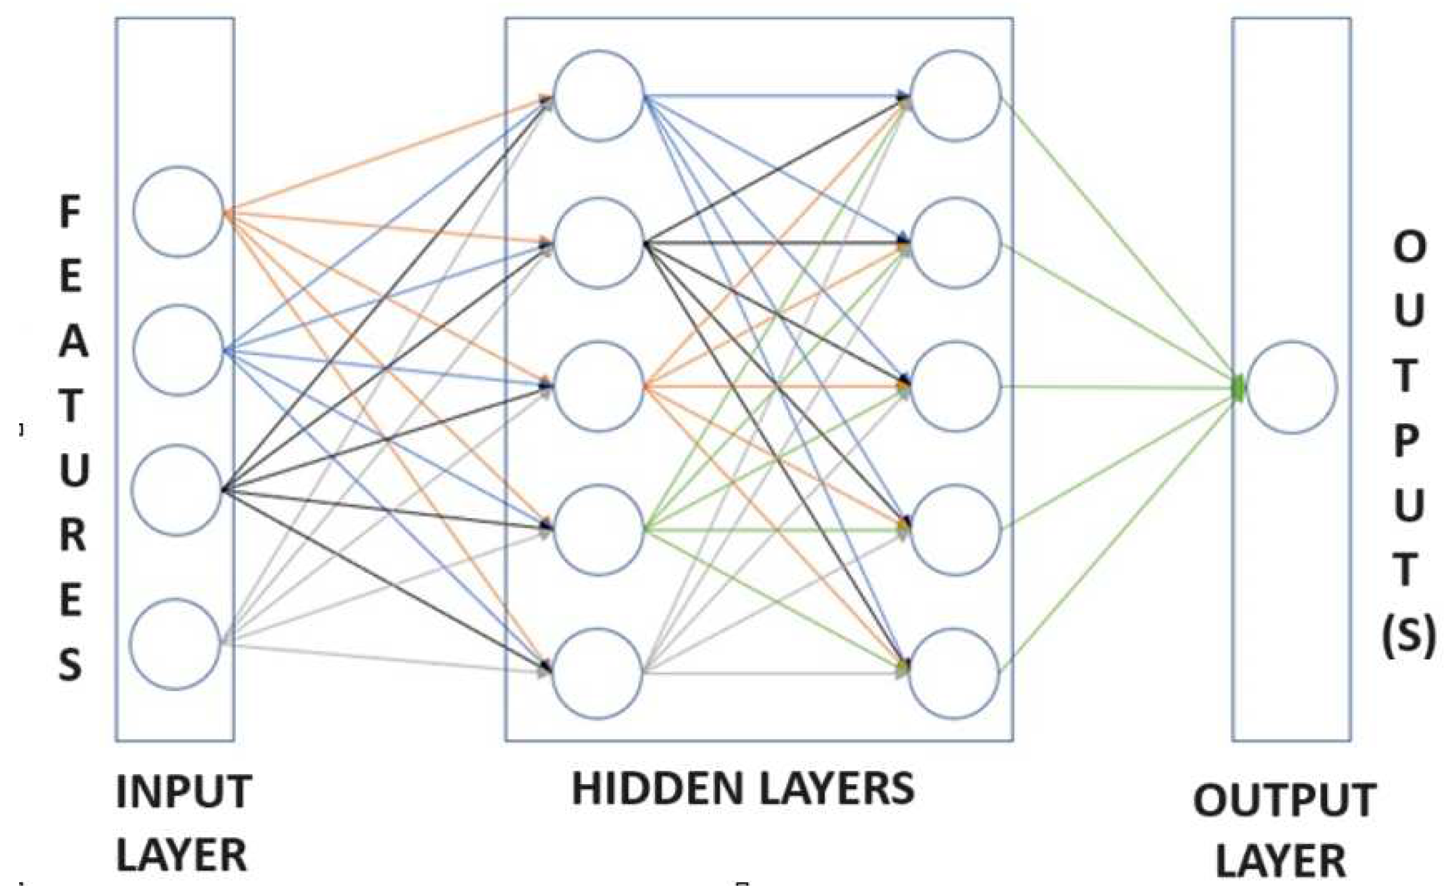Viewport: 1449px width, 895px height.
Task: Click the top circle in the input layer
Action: pyautogui.click(x=178, y=211)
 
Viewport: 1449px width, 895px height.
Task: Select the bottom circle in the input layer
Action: pyautogui.click(x=175, y=644)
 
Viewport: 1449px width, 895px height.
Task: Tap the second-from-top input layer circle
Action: pyautogui.click(x=178, y=350)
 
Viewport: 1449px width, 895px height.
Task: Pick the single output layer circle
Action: pyautogui.click(x=1292, y=387)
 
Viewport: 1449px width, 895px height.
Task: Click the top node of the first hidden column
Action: pyautogui.click(x=599, y=95)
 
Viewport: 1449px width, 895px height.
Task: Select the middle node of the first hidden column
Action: pyautogui.click(x=599, y=386)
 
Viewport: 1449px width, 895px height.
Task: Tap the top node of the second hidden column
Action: pyautogui.click(x=956, y=95)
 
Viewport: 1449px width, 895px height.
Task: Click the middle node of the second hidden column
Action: pyautogui.click(x=956, y=386)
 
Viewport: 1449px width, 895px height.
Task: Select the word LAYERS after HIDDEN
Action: pyautogui.click(x=835, y=789)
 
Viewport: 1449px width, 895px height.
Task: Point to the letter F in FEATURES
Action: pyautogui.click(x=70, y=213)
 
